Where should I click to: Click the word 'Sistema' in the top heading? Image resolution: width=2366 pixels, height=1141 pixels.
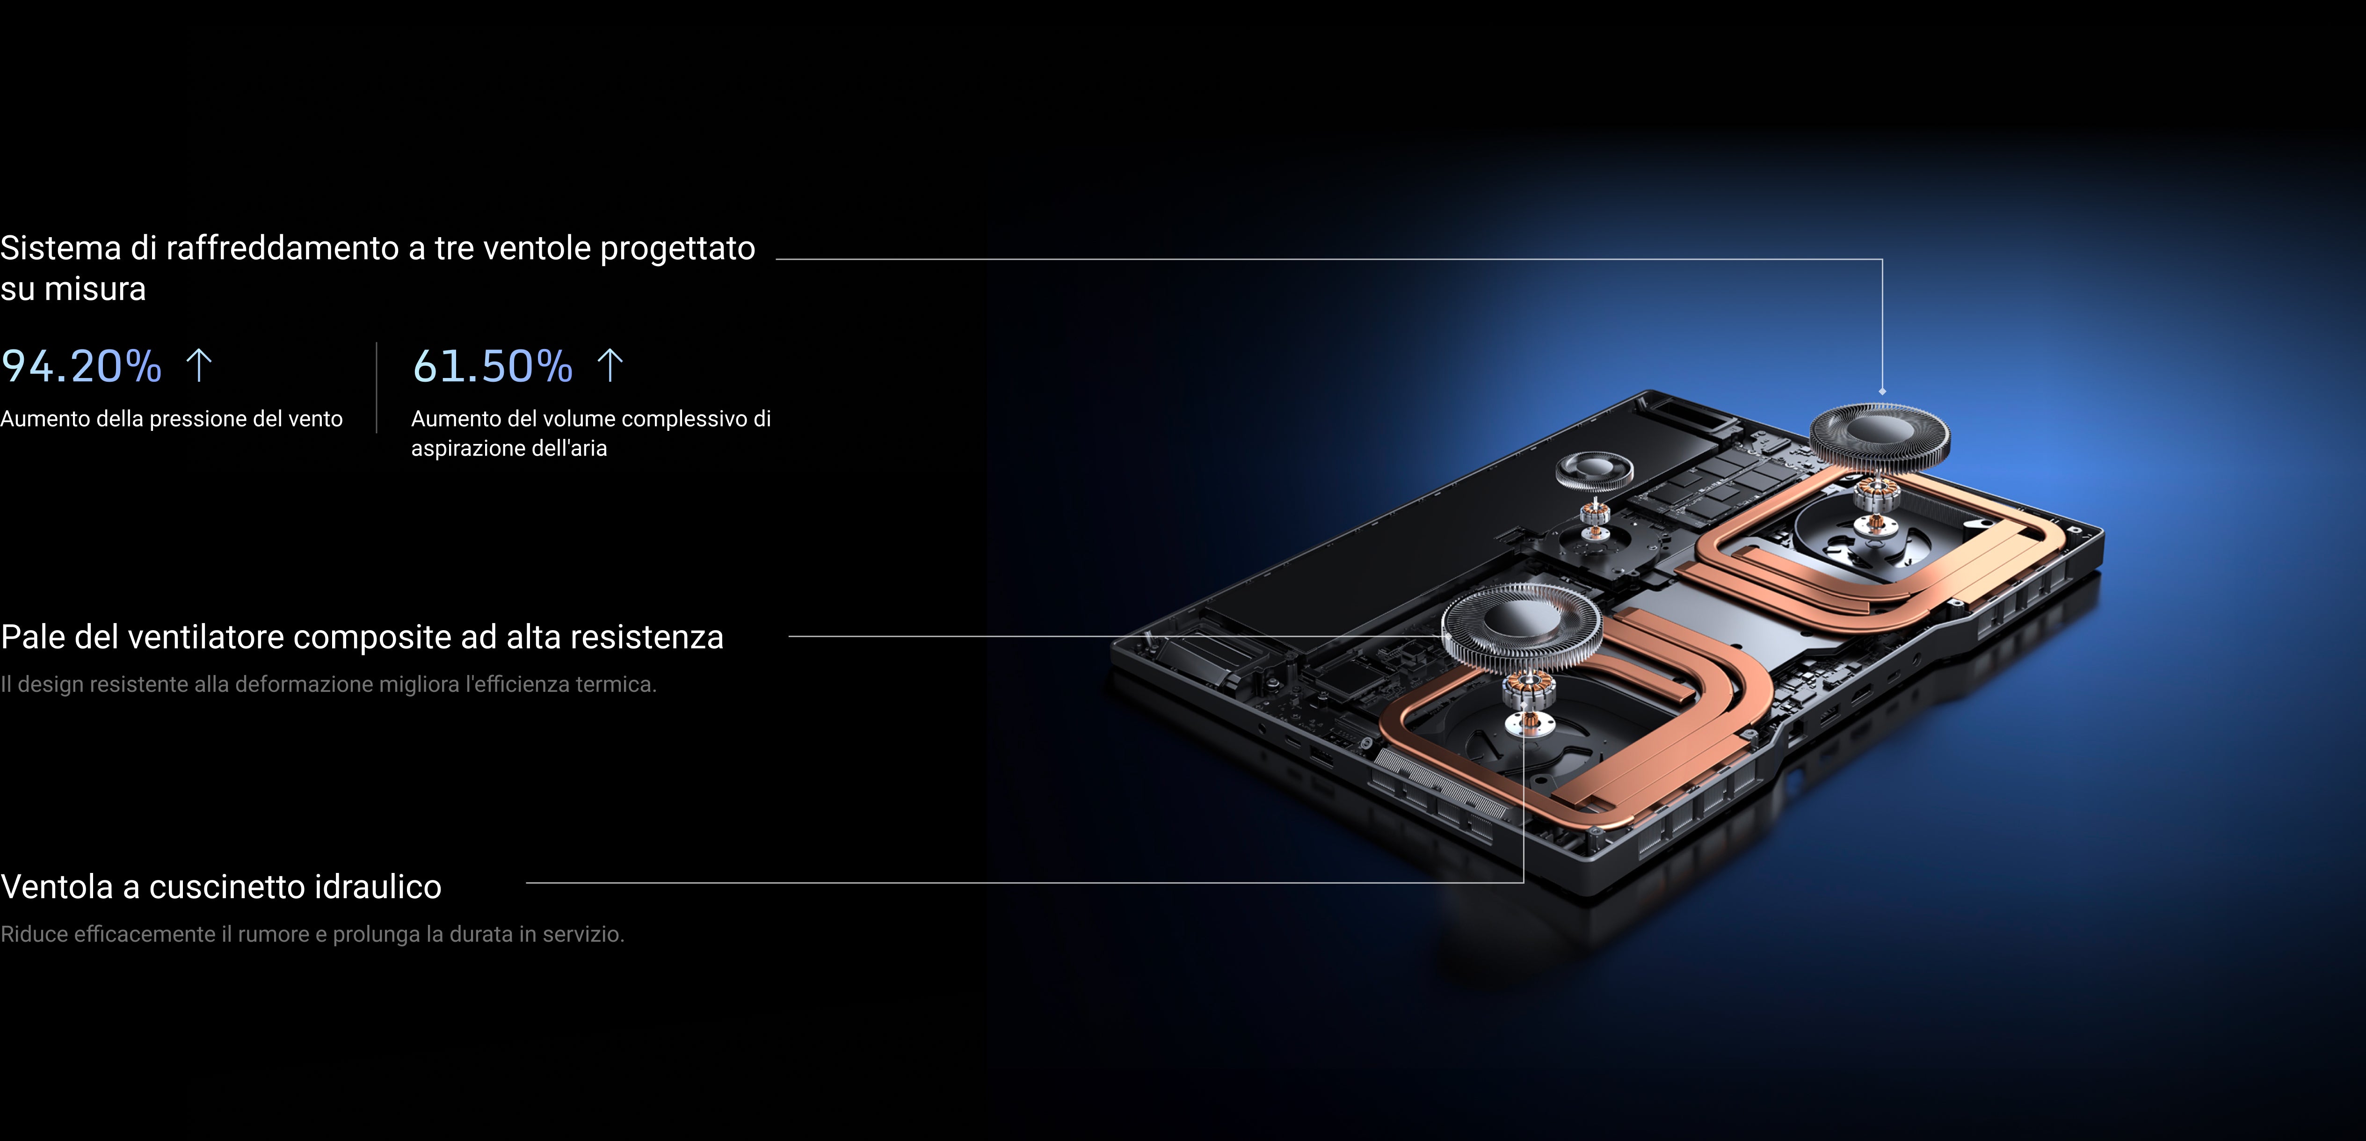(61, 248)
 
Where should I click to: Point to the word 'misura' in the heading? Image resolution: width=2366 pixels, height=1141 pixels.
(95, 290)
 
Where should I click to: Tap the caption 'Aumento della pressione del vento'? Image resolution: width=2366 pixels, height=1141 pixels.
(172, 419)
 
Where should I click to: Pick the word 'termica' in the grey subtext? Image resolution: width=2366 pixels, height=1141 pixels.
(616, 684)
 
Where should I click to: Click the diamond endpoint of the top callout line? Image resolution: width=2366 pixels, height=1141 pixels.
(1882, 392)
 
